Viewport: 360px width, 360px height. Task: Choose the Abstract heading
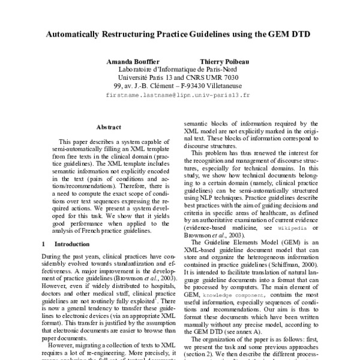pos(109,127)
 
